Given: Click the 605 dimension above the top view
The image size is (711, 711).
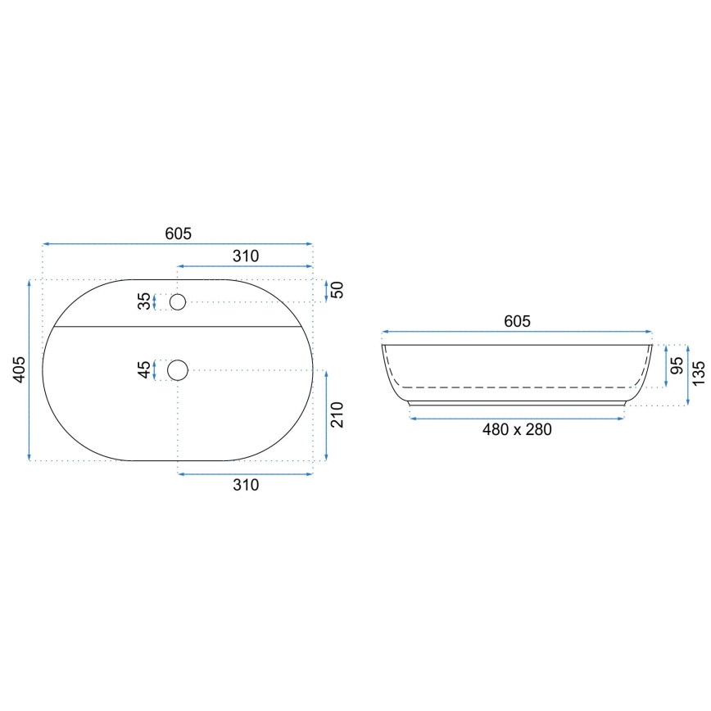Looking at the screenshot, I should [178, 233].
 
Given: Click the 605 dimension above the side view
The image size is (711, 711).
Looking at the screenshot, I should [517, 322].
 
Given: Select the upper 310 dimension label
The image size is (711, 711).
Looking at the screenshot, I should [245, 256].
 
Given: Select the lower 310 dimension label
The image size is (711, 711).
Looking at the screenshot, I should [245, 485].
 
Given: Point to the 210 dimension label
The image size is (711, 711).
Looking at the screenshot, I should [343, 415].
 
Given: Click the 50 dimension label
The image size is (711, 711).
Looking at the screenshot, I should [337, 290].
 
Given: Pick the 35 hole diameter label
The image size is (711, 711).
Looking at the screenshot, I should [145, 302].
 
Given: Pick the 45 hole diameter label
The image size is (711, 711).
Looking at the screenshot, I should [145, 370].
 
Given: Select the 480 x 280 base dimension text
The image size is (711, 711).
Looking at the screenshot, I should [517, 429].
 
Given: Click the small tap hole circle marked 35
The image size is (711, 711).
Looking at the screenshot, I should [177, 302].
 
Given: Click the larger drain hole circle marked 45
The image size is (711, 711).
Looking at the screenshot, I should [177, 370].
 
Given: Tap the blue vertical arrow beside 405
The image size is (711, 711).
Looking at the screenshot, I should [30, 370].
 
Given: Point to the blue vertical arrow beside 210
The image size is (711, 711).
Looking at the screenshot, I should [326, 415].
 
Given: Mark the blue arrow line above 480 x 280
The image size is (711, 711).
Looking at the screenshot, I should [517, 418].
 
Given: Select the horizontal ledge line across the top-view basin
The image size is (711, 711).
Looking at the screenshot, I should [178, 325].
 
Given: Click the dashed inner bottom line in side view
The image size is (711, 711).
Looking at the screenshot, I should [517, 387].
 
